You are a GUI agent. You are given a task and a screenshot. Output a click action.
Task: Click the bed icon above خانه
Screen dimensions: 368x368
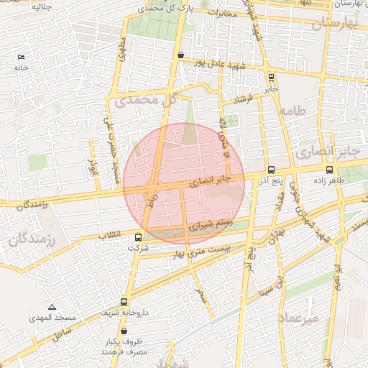coord(21,56)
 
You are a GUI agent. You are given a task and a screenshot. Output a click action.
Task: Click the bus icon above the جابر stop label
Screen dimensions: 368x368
coord(270,78)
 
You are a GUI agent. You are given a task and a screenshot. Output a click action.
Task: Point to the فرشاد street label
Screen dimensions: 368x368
coord(245,99)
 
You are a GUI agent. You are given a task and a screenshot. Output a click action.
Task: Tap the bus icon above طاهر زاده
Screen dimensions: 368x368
coord(329,170)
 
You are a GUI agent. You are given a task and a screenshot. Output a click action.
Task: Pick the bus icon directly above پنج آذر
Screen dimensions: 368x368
coord(270,170)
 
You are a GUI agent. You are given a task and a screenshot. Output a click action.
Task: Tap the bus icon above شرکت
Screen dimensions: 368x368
coord(138,237)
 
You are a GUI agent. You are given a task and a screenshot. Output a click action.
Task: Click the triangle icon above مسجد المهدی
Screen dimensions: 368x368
coord(52,306)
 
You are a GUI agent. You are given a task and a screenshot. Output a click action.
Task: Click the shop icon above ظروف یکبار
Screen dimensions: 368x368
coord(125,331)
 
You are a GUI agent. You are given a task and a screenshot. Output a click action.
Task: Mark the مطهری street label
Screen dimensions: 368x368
coord(123,52)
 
